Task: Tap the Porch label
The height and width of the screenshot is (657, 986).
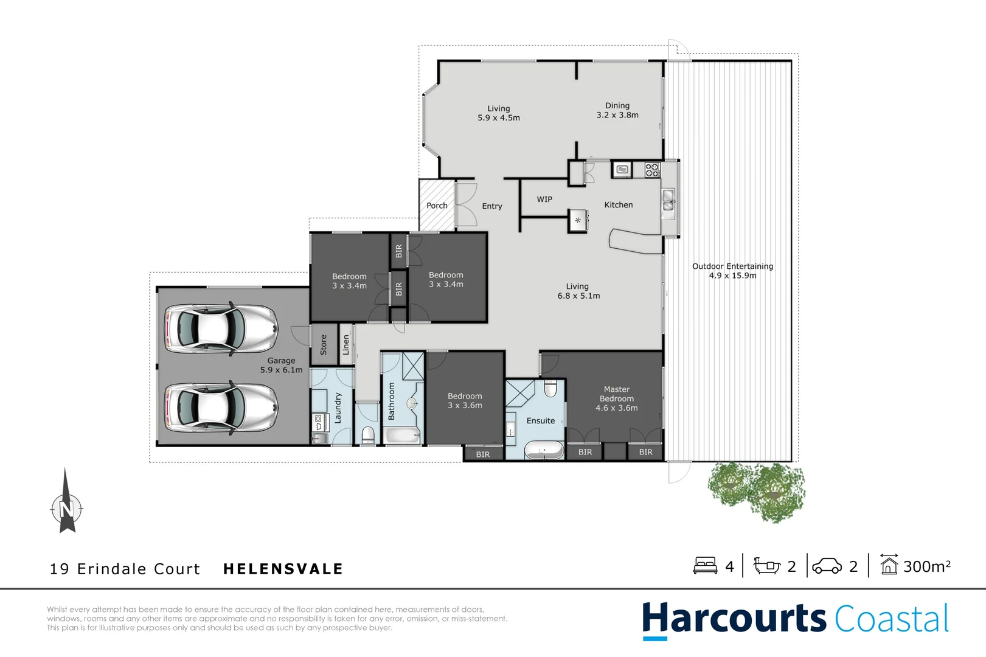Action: click(x=437, y=206)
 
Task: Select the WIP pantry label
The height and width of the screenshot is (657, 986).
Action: click(x=544, y=200)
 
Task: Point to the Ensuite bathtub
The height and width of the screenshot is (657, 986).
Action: click(x=544, y=451)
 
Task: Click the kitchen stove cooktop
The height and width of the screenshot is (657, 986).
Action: click(x=652, y=170)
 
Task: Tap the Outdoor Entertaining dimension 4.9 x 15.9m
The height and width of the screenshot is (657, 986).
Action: click(x=732, y=276)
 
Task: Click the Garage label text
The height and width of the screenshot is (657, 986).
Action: click(x=281, y=361)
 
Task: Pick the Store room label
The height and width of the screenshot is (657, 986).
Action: click(x=324, y=345)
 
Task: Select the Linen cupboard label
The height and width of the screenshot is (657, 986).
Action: click(x=346, y=345)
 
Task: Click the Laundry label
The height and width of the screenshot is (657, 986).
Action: click(x=338, y=408)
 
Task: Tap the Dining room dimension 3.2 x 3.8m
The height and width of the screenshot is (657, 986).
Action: click(x=617, y=115)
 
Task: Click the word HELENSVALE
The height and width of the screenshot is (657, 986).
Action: click(x=283, y=569)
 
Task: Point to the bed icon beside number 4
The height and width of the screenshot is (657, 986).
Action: click(x=705, y=566)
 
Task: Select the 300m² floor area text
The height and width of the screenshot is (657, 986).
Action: click(x=926, y=566)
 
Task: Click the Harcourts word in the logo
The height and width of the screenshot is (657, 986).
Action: click(x=734, y=619)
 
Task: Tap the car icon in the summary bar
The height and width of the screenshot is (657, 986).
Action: click(x=827, y=566)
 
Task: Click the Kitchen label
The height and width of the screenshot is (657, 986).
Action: click(x=619, y=205)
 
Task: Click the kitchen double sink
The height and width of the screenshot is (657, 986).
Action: click(x=668, y=200)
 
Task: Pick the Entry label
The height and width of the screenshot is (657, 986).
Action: click(x=492, y=206)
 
